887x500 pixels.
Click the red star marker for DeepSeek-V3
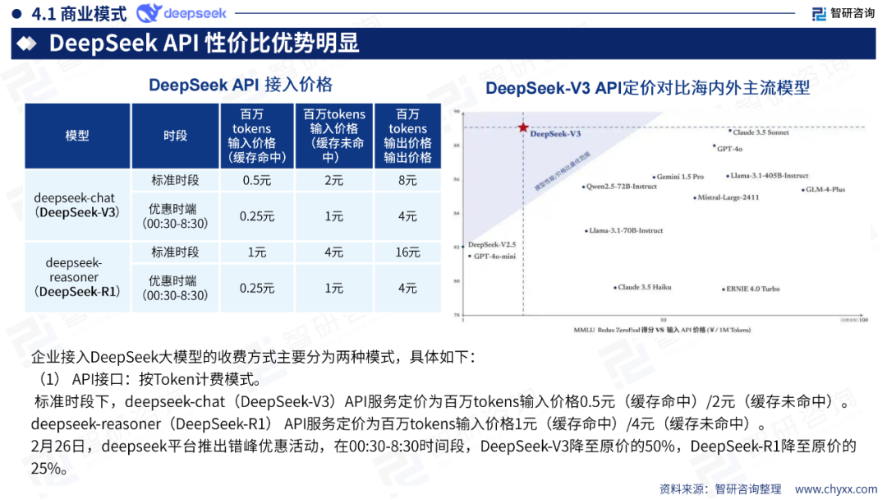click(x=522, y=127)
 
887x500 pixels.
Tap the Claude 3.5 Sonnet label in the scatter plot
click(x=761, y=132)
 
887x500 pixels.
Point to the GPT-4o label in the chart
click(x=729, y=149)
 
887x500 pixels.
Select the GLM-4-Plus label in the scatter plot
click(x=825, y=190)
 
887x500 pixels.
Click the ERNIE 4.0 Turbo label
click(x=751, y=289)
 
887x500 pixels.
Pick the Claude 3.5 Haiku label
click(x=644, y=288)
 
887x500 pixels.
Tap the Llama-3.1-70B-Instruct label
click(x=625, y=231)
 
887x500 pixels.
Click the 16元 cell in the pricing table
click(x=407, y=252)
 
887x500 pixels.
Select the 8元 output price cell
click(x=407, y=181)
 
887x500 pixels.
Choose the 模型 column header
click(x=77, y=136)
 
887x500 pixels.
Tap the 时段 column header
click(x=175, y=136)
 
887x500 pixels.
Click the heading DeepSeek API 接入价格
click(x=240, y=86)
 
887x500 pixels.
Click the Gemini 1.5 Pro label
click(x=680, y=177)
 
